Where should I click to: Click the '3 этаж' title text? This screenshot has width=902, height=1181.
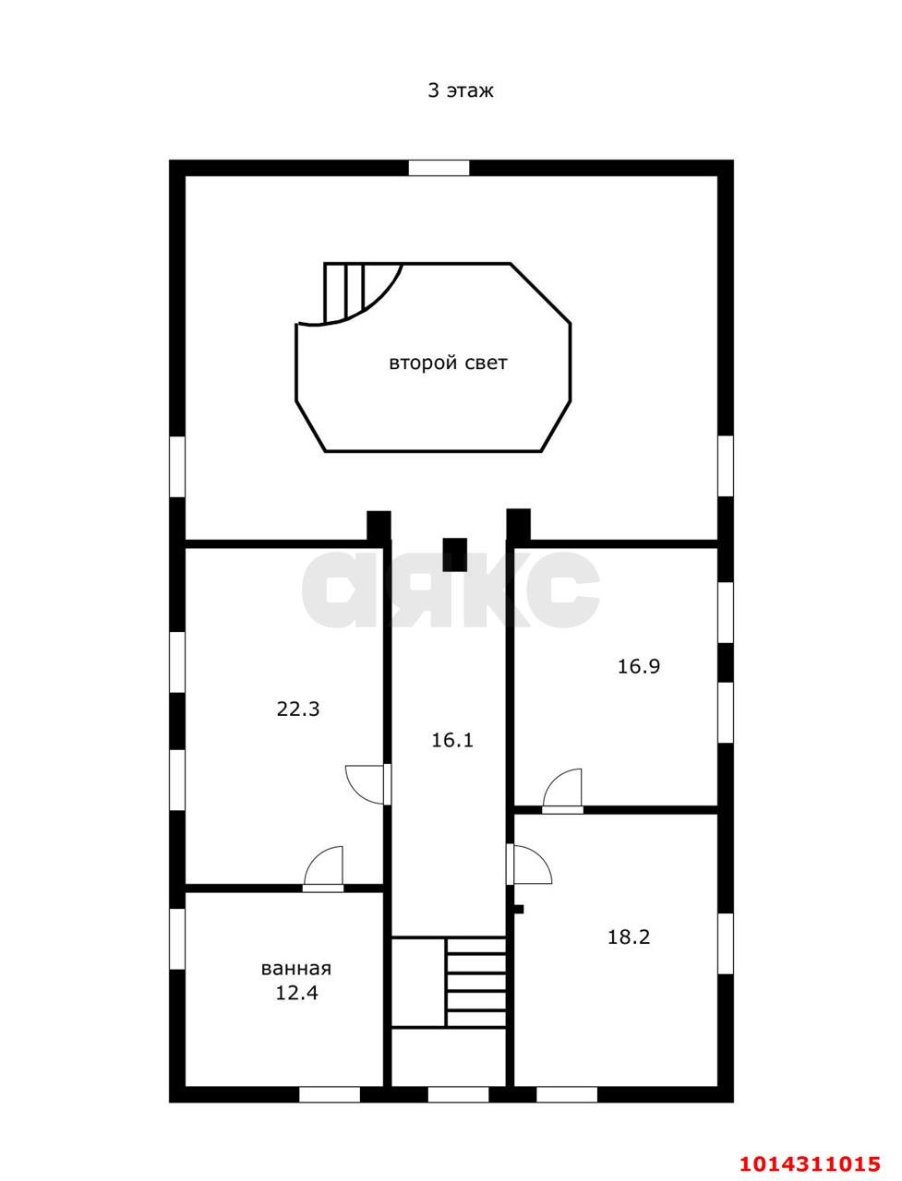click(460, 91)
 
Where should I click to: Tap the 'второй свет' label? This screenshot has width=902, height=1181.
click(448, 364)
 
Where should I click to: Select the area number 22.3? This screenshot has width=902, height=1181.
click(298, 710)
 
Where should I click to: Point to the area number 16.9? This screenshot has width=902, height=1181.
click(638, 667)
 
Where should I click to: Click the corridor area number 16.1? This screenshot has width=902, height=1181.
click(452, 740)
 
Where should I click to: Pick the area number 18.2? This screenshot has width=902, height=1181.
click(629, 936)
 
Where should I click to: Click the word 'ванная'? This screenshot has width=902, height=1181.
click(296, 969)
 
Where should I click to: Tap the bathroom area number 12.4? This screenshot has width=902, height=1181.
click(296, 993)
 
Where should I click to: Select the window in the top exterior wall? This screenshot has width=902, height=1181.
click(439, 168)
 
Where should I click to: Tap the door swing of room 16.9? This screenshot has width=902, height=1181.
click(562, 790)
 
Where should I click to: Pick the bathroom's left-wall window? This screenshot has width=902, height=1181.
click(177, 939)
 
